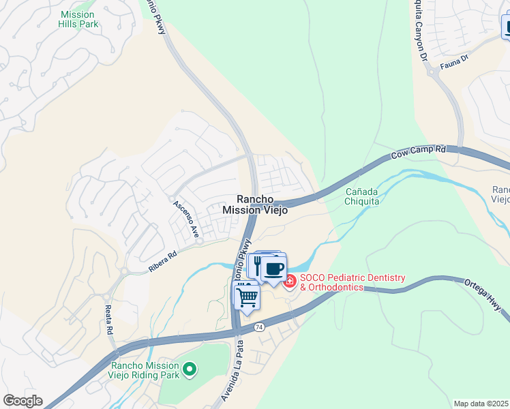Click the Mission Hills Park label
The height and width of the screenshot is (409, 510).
tap(79, 19)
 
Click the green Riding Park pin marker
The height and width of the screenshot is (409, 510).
tap(190, 369)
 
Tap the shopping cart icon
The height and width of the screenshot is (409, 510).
tap(247, 297)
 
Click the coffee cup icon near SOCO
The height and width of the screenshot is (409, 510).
tap(274, 269)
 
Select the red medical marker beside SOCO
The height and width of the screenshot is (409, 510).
tap(290, 281)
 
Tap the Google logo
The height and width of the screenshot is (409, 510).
tap(22, 401)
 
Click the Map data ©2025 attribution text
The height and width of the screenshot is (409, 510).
tap(481, 404)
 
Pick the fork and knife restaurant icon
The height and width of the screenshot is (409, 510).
tap(258, 264)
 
